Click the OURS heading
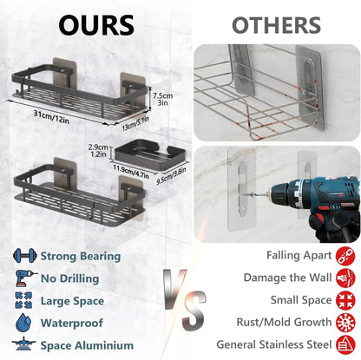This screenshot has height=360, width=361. (x=96, y=25)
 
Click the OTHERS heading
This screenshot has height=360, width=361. (x=276, y=25)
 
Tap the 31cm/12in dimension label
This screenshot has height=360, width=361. (x=51, y=116)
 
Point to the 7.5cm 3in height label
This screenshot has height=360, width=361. (x=163, y=99)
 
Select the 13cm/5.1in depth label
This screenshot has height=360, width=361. (x=135, y=123)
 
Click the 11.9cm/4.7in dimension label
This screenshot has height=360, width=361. (x=131, y=172)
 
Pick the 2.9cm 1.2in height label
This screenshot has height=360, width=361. (x=98, y=151)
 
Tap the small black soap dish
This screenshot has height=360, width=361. (x=150, y=155)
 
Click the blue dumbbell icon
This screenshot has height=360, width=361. (x=25, y=256)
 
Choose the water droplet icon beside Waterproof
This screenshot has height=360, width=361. (x=23, y=323)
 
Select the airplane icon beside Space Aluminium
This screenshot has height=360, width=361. (x=24, y=344)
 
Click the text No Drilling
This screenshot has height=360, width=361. (x=69, y=278)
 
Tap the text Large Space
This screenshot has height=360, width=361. (x=72, y=301)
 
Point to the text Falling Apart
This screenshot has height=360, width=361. (x=299, y=255)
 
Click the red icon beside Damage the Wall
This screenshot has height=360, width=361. (x=345, y=278)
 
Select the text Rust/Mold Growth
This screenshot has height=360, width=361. (x=284, y=322)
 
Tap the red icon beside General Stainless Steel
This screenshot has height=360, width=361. (x=345, y=344)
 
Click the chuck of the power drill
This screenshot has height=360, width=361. (x=279, y=193)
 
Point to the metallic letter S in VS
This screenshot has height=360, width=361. (x=194, y=311)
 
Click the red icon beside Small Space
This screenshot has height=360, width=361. (x=345, y=300)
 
